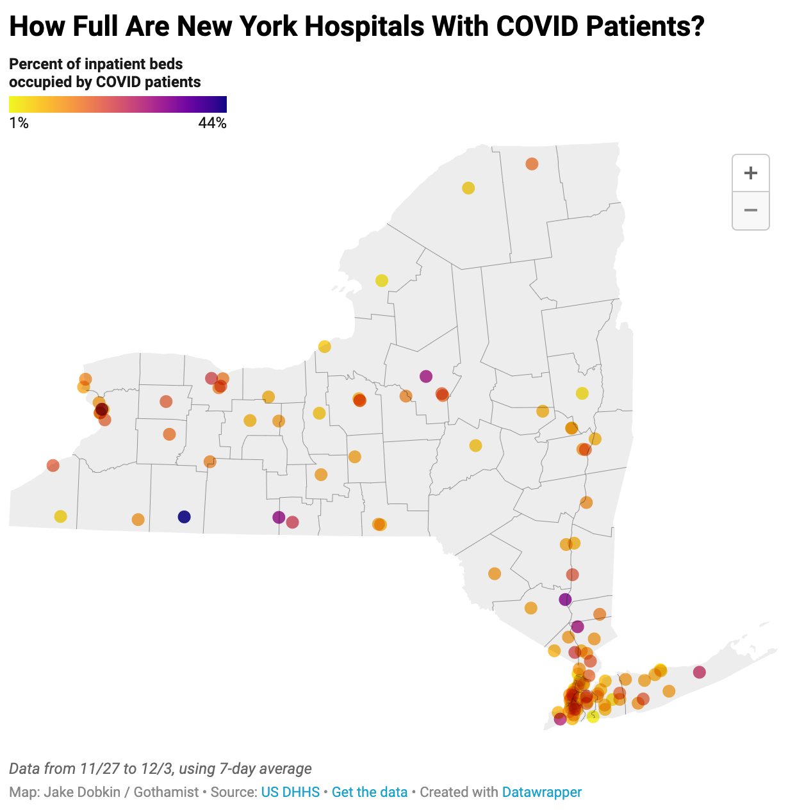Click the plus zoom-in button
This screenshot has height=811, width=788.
pos(750,173)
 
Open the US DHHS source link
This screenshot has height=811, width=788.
pos(290,792)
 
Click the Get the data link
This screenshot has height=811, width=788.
pos(370,792)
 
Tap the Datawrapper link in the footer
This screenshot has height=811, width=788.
pos(542,792)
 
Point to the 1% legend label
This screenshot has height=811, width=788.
pos(19,123)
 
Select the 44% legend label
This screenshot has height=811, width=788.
pos(212,123)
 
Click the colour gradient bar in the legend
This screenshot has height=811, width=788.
pos(118,104)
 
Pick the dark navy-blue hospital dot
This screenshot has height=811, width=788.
pos(184,517)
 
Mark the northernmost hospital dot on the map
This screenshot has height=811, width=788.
pos(532,164)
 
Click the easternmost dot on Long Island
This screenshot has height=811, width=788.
pos(699,672)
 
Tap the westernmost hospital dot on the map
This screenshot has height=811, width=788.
pos(53,466)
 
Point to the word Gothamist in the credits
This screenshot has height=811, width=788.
pos(166,792)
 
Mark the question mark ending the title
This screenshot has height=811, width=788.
pos(696,27)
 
